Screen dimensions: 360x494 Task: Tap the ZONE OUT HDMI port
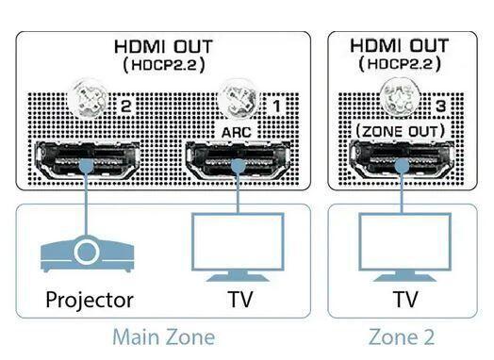(399, 159)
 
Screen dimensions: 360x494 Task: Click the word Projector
(89, 301)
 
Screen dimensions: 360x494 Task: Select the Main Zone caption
(163, 336)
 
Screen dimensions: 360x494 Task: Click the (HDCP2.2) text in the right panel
(399, 65)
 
